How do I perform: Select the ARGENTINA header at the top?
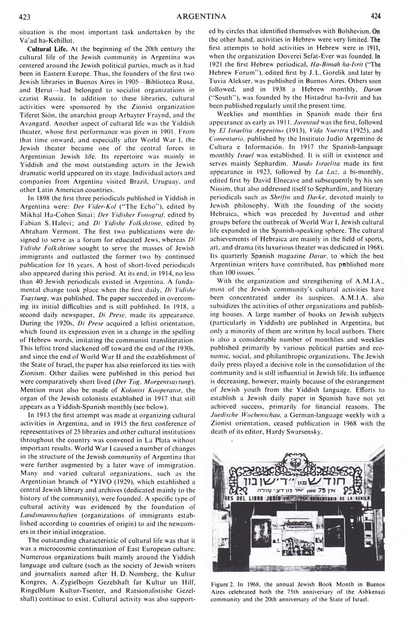201,17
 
